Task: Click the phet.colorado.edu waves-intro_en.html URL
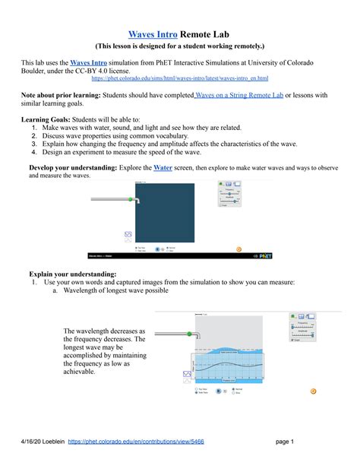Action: (178, 78)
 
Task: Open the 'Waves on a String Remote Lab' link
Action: (239, 94)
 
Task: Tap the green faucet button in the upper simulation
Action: (131, 200)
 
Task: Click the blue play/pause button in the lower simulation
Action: (217, 391)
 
